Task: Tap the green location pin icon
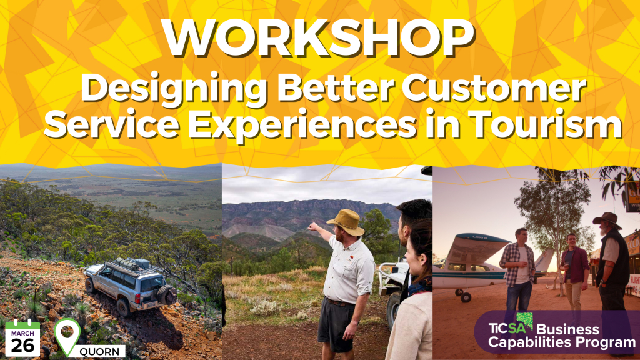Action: click(x=67, y=336)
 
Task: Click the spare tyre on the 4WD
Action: click(x=166, y=294)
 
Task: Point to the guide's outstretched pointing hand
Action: click(x=311, y=227)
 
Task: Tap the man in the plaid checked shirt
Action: click(x=517, y=266)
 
